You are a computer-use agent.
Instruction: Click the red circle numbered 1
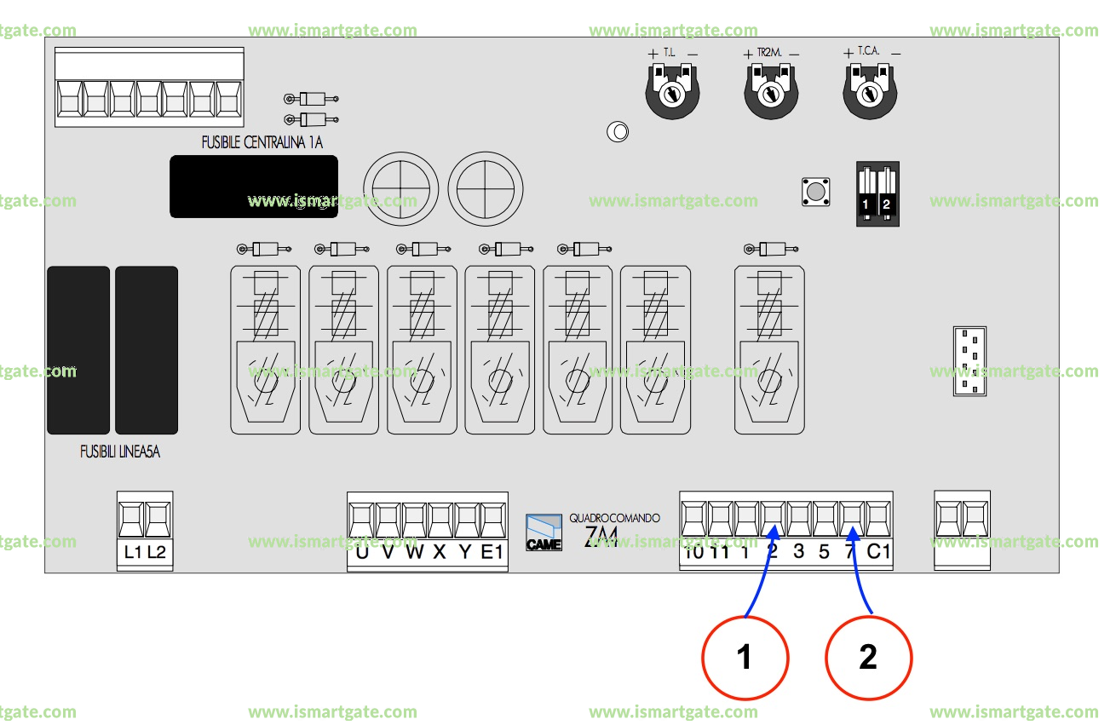pyautogui.click(x=745, y=658)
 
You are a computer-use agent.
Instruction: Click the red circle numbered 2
pyautogui.click(x=869, y=658)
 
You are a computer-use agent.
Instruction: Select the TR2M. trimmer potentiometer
pyautogui.click(x=772, y=94)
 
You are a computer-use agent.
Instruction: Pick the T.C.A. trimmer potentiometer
pyautogui.click(x=871, y=94)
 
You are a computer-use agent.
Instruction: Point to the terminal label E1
pyautogui.click(x=492, y=552)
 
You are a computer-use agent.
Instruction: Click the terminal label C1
pyautogui.click(x=878, y=552)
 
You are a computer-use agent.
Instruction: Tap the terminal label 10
pyautogui.click(x=693, y=552)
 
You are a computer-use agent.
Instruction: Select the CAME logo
pyautogui.click(x=544, y=533)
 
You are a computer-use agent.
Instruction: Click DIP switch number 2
pyautogui.click(x=886, y=195)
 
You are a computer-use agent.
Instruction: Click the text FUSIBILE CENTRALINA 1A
pyautogui.click(x=262, y=143)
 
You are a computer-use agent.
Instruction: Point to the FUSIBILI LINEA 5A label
pyautogui.click(x=119, y=452)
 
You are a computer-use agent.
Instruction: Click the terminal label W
pyautogui.click(x=414, y=552)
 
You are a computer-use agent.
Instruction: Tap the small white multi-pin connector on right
pyautogui.click(x=969, y=361)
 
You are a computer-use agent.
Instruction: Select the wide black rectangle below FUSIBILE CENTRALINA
pyautogui.click(x=253, y=187)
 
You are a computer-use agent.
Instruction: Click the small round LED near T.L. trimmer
pyautogui.click(x=617, y=132)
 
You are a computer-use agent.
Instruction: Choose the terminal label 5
pyautogui.click(x=824, y=552)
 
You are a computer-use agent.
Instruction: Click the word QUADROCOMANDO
pyautogui.click(x=614, y=518)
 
